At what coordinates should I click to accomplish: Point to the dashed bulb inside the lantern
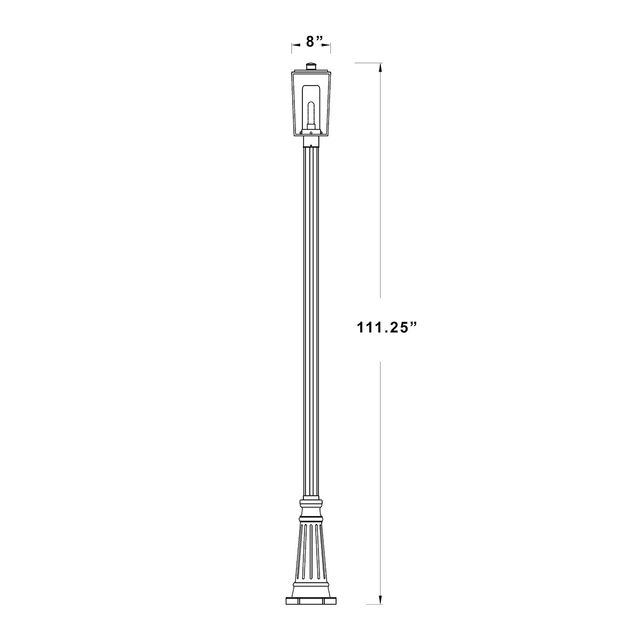[311, 109]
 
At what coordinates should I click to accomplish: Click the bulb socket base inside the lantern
[311, 128]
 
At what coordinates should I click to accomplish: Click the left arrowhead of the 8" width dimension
[294, 47]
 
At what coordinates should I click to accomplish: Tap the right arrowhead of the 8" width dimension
[328, 47]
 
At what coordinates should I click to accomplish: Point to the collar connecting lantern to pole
[311, 141]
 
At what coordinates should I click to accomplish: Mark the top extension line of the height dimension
[368, 63]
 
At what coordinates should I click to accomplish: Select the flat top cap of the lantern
[311, 71]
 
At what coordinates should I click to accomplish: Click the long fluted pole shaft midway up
[311, 320]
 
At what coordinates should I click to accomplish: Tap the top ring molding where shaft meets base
[311, 503]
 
